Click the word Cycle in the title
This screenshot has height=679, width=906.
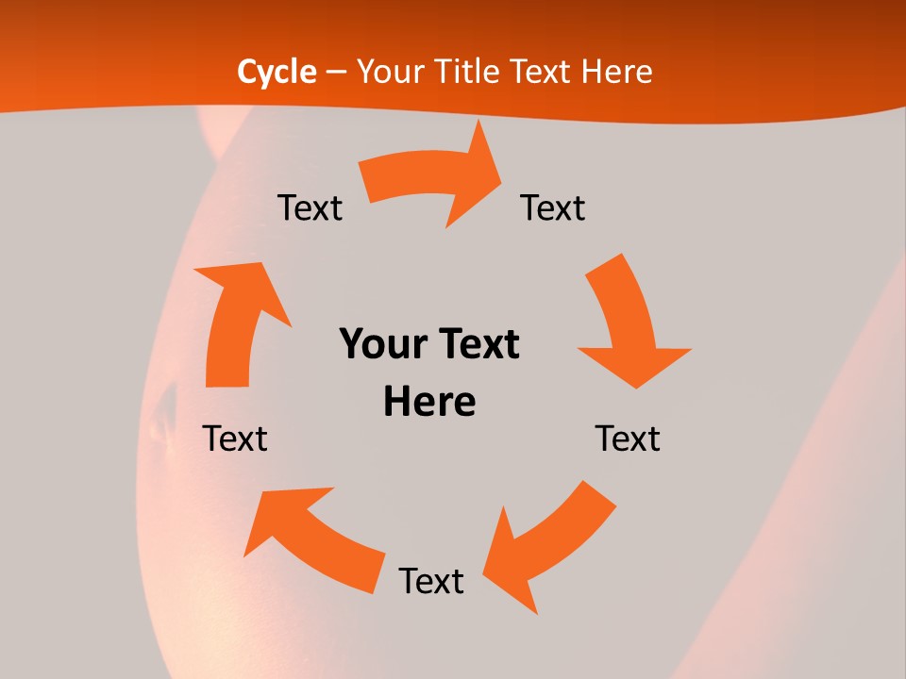coord(277,72)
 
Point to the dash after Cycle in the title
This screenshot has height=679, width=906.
coord(336,73)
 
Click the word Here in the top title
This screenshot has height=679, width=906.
coord(618,72)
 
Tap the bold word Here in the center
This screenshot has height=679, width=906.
coord(429,402)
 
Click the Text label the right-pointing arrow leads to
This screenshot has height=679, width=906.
coord(553,207)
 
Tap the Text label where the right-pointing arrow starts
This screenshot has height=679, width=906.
coord(310,207)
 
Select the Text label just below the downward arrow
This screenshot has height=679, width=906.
coord(628,439)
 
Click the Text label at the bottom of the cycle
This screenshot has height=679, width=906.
coord(431,581)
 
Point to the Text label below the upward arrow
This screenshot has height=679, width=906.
coord(235,439)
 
